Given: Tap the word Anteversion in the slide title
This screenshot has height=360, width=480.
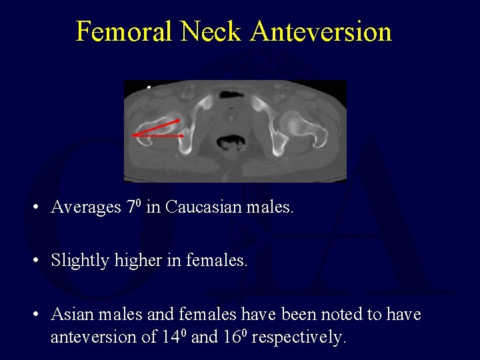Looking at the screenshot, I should pos(322,31).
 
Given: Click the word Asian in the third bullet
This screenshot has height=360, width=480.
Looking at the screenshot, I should pos(71,313).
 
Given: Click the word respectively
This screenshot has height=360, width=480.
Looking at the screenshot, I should pos(298,337).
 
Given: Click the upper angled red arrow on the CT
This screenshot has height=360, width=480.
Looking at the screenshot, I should pos(158,127).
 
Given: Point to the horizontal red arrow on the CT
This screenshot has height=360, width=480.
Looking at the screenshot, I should pos(159,135).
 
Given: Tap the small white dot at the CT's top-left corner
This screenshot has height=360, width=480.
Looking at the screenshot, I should pos(148,86).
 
